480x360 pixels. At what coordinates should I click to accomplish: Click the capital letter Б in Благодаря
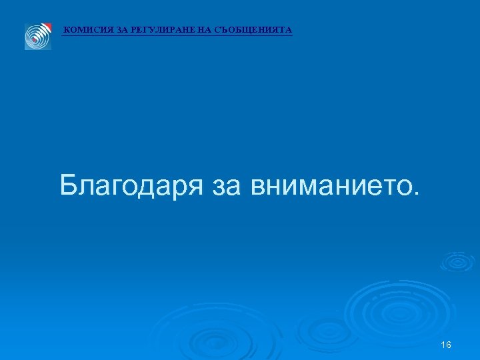[x=69, y=185]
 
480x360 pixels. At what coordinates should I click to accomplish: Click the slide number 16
[x=447, y=345]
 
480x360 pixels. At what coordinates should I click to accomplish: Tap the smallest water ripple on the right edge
[x=457, y=262]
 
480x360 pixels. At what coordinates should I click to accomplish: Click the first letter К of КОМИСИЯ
[x=67, y=30]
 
